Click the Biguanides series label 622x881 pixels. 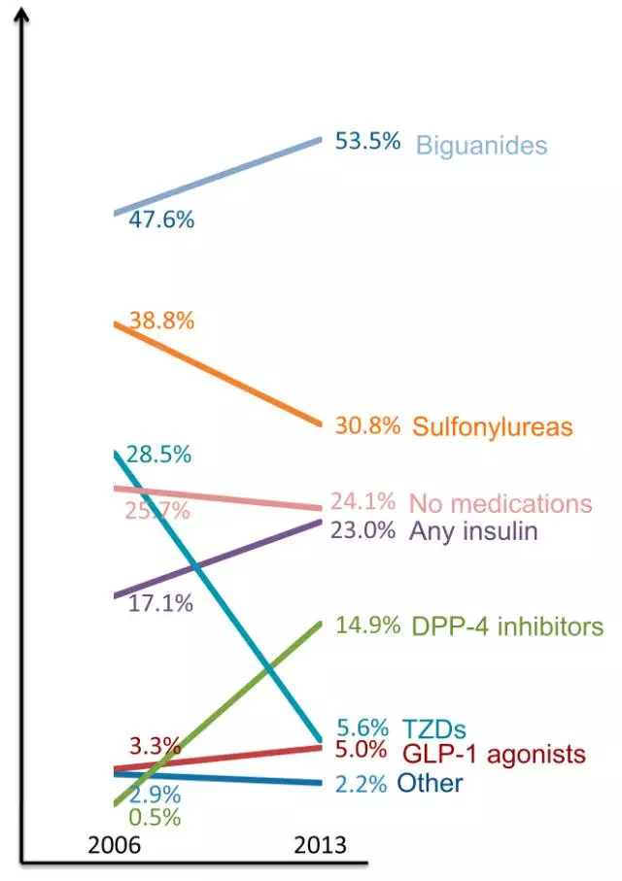point(481,146)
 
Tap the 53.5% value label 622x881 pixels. point(367,141)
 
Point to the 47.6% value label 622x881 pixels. point(161,220)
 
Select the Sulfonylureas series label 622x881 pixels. point(492,426)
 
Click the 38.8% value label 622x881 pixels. point(161,320)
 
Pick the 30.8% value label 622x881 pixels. point(367,424)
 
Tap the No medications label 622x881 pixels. point(501,504)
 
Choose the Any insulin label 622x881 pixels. point(473,531)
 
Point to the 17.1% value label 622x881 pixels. point(160,603)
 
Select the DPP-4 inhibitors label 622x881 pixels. point(507,627)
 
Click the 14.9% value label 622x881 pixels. point(367,626)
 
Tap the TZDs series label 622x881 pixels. point(433,729)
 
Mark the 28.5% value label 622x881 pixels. point(158,454)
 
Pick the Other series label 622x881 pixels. point(430,783)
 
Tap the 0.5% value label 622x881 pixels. point(155,817)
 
